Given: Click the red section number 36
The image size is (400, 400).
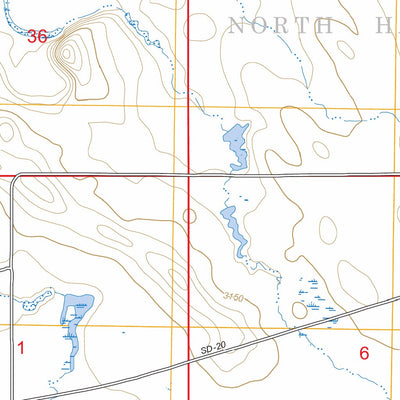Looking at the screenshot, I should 37,36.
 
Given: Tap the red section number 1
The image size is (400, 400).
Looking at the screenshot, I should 21,348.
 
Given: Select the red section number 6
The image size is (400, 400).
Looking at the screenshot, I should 364,352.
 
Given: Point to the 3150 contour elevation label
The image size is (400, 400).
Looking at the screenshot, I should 234,297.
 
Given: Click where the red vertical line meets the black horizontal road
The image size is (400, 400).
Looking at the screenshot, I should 189,175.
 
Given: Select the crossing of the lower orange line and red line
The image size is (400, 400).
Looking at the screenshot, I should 189,327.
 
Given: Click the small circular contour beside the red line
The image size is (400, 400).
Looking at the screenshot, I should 190,214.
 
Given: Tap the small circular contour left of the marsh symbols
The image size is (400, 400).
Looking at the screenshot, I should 299,310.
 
